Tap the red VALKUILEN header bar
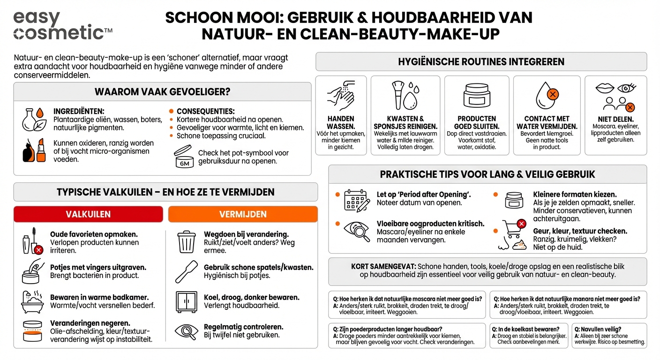tap(89, 214)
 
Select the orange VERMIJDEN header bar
tap(243, 214)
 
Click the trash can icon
tap(186, 241)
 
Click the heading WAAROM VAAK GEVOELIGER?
tap(162, 91)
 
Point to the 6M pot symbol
tap(184, 157)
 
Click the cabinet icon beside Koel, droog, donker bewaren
tap(187, 301)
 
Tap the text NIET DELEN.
tap(615, 119)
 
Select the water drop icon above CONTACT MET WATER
tap(547, 95)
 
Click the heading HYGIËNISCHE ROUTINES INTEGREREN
tap(481, 61)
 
